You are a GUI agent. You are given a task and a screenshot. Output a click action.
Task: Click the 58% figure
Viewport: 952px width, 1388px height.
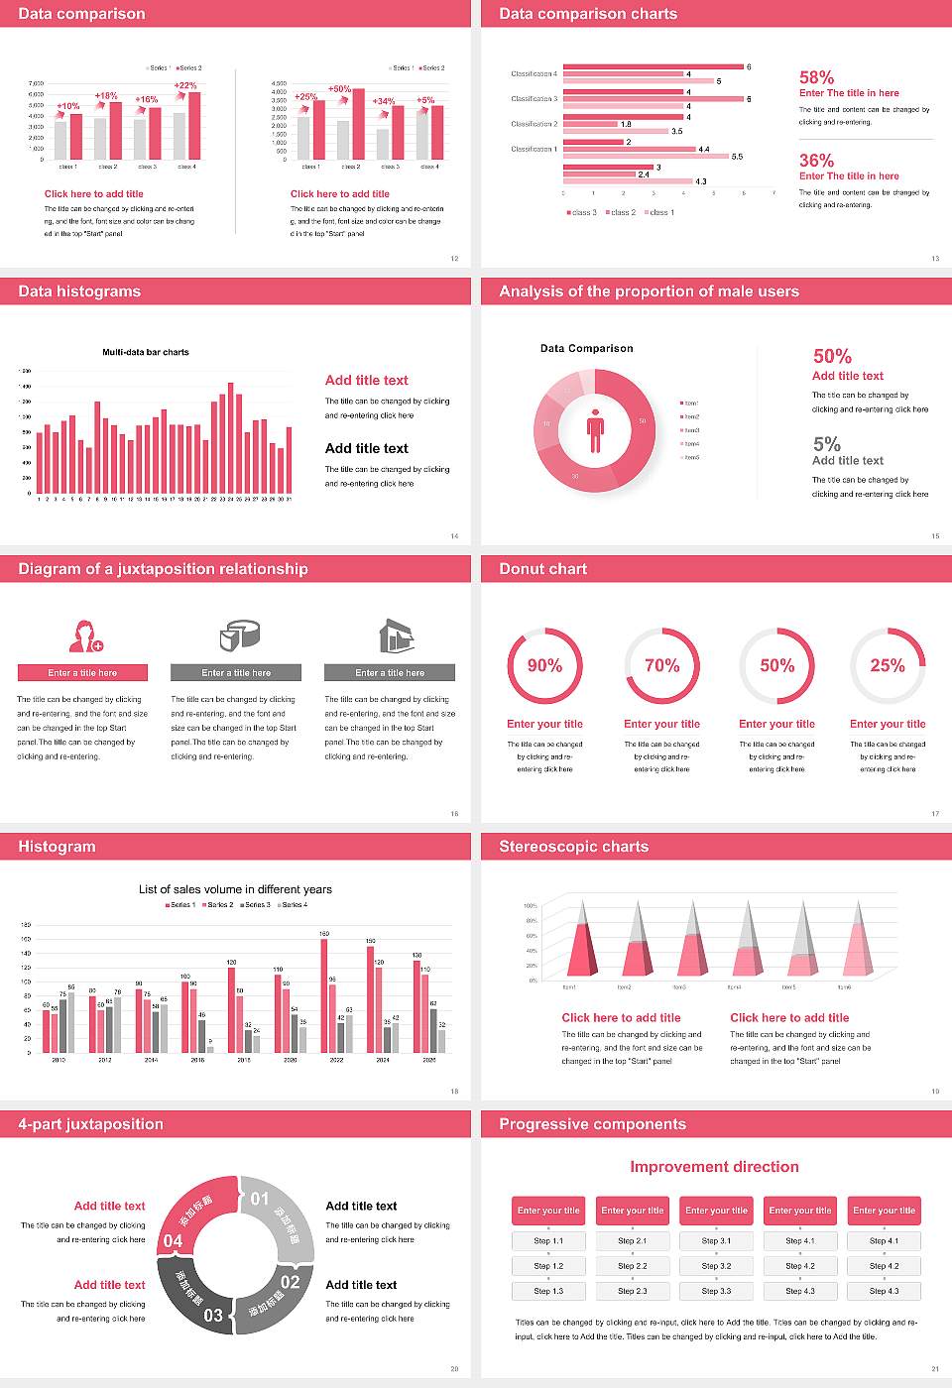[x=816, y=77]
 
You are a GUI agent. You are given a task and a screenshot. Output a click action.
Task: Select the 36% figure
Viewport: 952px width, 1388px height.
[x=816, y=161]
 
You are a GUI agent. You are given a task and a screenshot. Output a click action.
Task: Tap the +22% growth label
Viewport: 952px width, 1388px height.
[x=185, y=86]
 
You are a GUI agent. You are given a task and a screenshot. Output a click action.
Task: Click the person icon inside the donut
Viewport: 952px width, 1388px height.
[x=595, y=429]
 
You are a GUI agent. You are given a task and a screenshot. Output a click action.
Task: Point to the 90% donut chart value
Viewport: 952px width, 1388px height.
[x=544, y=665]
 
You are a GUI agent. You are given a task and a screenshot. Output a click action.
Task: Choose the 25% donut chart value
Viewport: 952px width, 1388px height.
[x=887, y=665]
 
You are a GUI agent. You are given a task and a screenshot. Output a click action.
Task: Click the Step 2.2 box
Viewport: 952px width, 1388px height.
[x=633, y=1266]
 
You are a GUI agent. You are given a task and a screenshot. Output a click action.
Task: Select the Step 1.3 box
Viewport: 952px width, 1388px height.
[x=548, y=1291]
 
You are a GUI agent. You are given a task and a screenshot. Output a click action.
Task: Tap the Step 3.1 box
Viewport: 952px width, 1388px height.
[x=716, y=1241]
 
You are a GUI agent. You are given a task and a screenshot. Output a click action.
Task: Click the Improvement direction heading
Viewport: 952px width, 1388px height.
[x=714, y=1167]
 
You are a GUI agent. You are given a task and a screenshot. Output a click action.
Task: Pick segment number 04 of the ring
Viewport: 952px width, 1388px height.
[x=173, y=1241]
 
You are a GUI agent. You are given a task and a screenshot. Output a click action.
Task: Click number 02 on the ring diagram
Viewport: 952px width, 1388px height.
[x=290, y=1282]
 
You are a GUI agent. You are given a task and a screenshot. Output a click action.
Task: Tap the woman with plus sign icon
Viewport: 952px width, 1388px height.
[x=85, y=636]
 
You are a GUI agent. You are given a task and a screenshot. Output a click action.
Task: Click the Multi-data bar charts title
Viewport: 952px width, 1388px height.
[x=146, y=352]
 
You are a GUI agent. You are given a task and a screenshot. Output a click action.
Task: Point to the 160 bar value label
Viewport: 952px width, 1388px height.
[x=324, y=934]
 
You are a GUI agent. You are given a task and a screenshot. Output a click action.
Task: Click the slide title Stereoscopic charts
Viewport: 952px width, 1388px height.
[x=573, y=847]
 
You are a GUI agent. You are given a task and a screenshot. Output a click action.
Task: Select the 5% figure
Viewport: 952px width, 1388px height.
[x=826, y=444]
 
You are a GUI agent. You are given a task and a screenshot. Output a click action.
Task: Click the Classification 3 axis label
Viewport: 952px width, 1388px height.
[x=534, y=99]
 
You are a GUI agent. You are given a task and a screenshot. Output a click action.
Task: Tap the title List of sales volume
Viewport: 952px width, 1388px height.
[x=235, y=889]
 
